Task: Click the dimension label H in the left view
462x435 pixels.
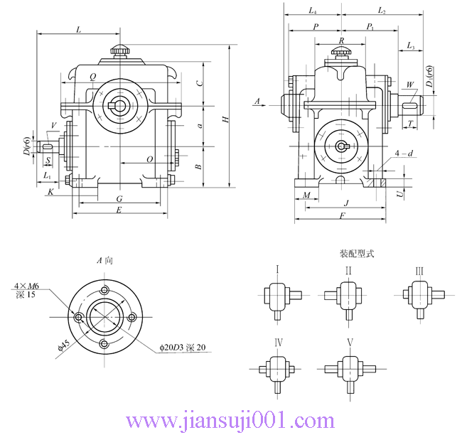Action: point(225,119)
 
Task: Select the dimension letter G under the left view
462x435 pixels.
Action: point(119,198)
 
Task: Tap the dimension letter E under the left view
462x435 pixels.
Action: point(119,210)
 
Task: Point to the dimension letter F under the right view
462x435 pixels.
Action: point(343,216)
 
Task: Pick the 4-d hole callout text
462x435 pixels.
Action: point(404,153)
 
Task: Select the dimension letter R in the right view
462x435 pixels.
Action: point(342,42)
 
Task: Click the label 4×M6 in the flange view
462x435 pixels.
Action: point(26,286)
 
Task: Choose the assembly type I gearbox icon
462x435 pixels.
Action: point(276,295)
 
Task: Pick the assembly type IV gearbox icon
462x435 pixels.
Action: point(278,370)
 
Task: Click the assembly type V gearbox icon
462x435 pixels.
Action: point(349,370)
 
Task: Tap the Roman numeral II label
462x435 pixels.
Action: point(348,270)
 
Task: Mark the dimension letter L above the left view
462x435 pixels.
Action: point(77,29)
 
